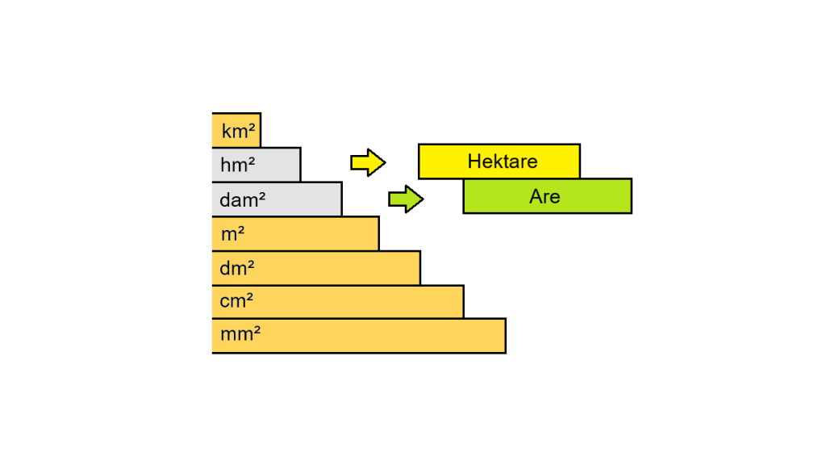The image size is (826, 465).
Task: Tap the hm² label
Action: tap(238, 165)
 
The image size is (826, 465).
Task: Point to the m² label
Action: tap(233, 235)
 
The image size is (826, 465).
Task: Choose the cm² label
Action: tap(237, 303)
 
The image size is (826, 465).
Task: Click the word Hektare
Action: tap(502, 161)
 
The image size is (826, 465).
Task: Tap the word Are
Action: tap(544, 196)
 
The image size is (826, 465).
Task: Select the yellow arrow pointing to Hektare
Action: tap(368, 162)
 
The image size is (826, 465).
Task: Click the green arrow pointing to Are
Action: tap(406, 199)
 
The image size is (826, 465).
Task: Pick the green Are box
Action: tap(597, 196)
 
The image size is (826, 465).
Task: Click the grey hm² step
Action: tap(278, 165)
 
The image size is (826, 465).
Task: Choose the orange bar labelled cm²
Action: tap(363, 302)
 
